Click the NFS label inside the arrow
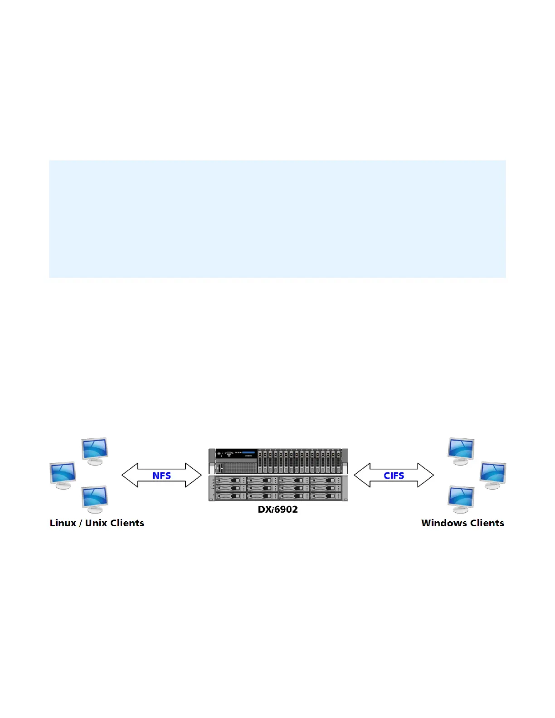(x=161, y=475)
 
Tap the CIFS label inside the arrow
(x=394, y=475)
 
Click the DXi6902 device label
(x=278, y=509)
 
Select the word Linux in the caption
(x=63, y=523)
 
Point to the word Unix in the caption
(x=96, y=523)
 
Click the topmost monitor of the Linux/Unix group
(x=95, y=450)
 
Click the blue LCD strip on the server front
(x=249, y=452)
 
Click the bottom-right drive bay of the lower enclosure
(x=325, y=496)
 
